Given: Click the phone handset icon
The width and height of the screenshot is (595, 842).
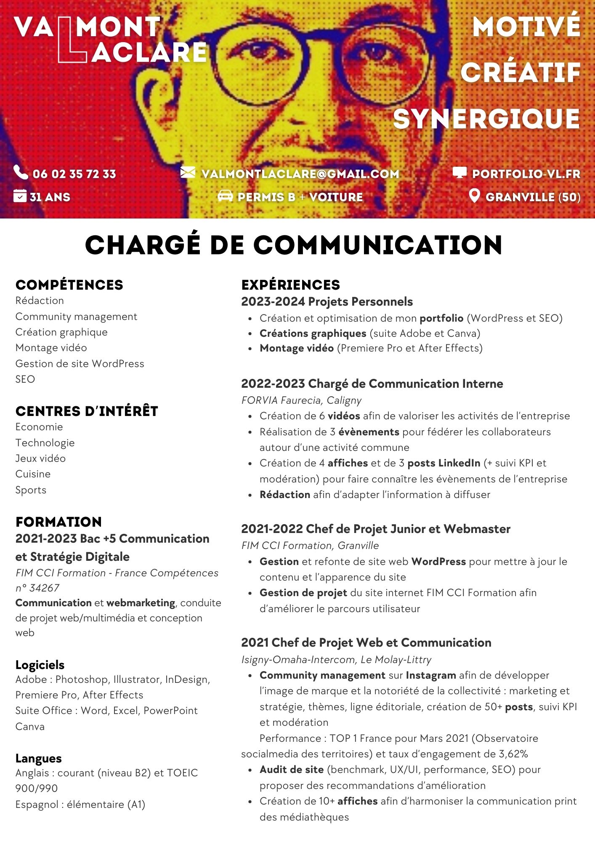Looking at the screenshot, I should (21, 172).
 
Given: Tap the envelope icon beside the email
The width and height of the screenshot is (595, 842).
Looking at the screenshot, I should (188, 173).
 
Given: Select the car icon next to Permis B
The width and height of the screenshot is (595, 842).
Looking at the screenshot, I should (225, 196).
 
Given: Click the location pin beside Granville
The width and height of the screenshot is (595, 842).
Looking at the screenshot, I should (474, 196).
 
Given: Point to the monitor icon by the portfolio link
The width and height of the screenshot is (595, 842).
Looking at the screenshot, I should (460, 173).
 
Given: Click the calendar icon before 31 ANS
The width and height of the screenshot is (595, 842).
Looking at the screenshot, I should (20, 196).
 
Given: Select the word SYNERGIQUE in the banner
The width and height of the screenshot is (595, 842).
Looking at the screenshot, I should (486, 119).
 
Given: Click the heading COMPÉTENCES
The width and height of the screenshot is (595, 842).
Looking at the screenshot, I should (69, 285).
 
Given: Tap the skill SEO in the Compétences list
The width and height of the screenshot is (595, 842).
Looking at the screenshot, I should (25, 379).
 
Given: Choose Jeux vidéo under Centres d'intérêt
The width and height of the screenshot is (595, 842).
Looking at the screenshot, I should (40, 458).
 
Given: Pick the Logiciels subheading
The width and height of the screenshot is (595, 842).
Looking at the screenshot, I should (40, 665).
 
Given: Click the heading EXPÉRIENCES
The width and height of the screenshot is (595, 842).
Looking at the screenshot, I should (290, 285).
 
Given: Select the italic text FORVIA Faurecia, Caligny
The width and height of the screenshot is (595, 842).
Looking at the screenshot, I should (301, 400).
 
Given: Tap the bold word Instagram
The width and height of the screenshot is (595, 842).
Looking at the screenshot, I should (430, 675).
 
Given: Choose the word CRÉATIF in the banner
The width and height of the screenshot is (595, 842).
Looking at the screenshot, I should (521, 72).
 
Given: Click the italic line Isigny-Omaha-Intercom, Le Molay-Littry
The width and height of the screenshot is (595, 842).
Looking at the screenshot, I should (336, 659).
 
